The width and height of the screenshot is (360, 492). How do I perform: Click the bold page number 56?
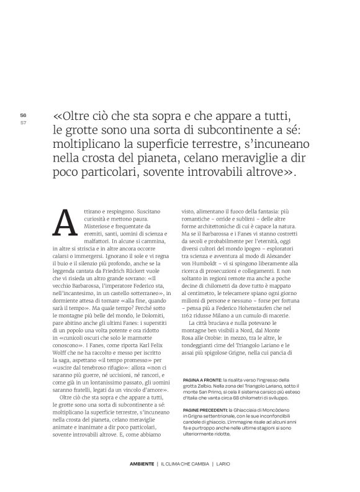coord(23,116)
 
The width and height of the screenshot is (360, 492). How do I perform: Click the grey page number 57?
coord(23,122)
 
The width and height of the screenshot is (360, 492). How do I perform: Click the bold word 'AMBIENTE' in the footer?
coord(143,464)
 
